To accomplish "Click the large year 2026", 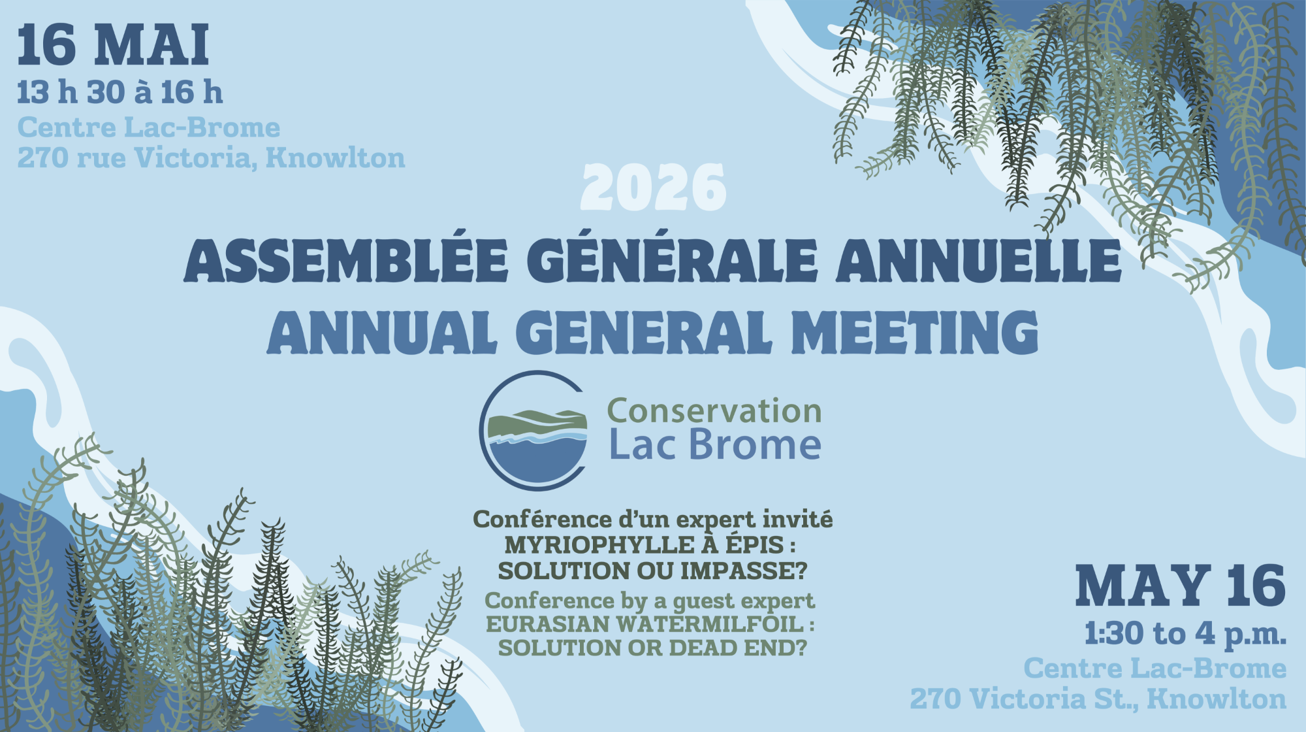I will point(653,188).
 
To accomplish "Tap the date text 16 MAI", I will point(113,45).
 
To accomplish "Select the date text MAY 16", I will point(1180,586).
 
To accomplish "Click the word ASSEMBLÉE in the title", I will point(346,260).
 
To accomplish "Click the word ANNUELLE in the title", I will point(978,260).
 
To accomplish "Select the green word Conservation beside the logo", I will point(714,411).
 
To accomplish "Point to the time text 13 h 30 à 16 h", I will point(120,92).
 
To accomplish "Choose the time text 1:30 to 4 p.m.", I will point(1185,633).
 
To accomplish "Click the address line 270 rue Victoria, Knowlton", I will point(211,158).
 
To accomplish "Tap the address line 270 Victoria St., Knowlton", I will point(1098,699).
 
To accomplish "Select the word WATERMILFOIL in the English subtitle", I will point(710,624).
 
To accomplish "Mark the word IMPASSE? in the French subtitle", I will point(744,571).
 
